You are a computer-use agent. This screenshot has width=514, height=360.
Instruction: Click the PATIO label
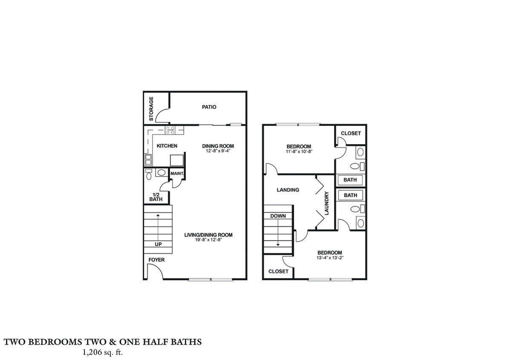pos(209,107)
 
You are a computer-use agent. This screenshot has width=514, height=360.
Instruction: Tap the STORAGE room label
pos(151,108)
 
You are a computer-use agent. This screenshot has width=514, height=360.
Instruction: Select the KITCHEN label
pos(167,146)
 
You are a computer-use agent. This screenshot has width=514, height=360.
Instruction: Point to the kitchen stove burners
pos(170,129)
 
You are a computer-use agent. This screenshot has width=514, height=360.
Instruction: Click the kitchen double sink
pos(148,160)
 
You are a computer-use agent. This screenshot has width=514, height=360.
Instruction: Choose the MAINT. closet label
pos(177,174)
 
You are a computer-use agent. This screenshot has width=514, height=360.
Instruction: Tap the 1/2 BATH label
pos(156,197)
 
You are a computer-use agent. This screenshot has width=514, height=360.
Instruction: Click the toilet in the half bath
pos(149,174)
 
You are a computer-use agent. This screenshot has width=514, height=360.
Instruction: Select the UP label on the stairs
pos(158,244)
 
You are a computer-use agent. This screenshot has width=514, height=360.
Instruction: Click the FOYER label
pos(156,260)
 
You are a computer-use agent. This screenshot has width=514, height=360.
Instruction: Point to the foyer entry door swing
pos(154,271)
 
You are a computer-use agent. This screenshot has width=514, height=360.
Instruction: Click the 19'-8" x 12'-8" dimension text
pos(208,240)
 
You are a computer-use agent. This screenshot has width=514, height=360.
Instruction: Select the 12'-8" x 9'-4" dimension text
pos(218,151)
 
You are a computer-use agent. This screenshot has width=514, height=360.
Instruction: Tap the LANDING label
pos(288,190)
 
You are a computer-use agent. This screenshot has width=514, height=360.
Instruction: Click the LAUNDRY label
pos(326,203)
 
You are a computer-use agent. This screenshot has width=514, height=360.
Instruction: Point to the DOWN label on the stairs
pos(278,216)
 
